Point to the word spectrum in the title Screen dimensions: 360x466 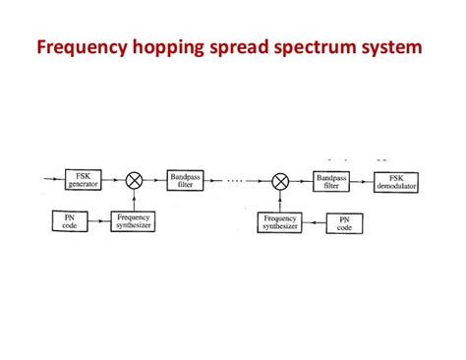329,46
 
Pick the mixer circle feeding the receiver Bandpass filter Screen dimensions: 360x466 280,180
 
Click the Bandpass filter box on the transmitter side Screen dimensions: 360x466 186,180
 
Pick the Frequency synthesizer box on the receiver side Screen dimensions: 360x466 279,222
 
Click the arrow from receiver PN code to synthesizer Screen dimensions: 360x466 312,222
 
